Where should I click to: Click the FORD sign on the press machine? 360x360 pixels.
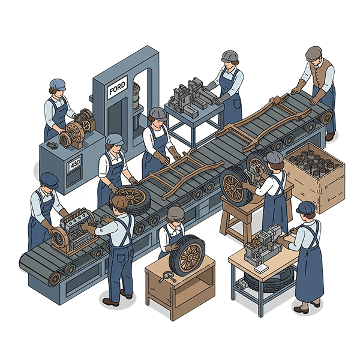pos(117,88)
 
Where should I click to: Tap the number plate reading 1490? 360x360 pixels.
pos(74,163)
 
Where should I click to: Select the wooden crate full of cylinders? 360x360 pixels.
pos(314,177)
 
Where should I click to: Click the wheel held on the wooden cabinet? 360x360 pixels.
pos(187,255)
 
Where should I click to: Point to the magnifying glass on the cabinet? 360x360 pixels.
pos(167,276)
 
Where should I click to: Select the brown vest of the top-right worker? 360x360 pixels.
pos(321,73)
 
